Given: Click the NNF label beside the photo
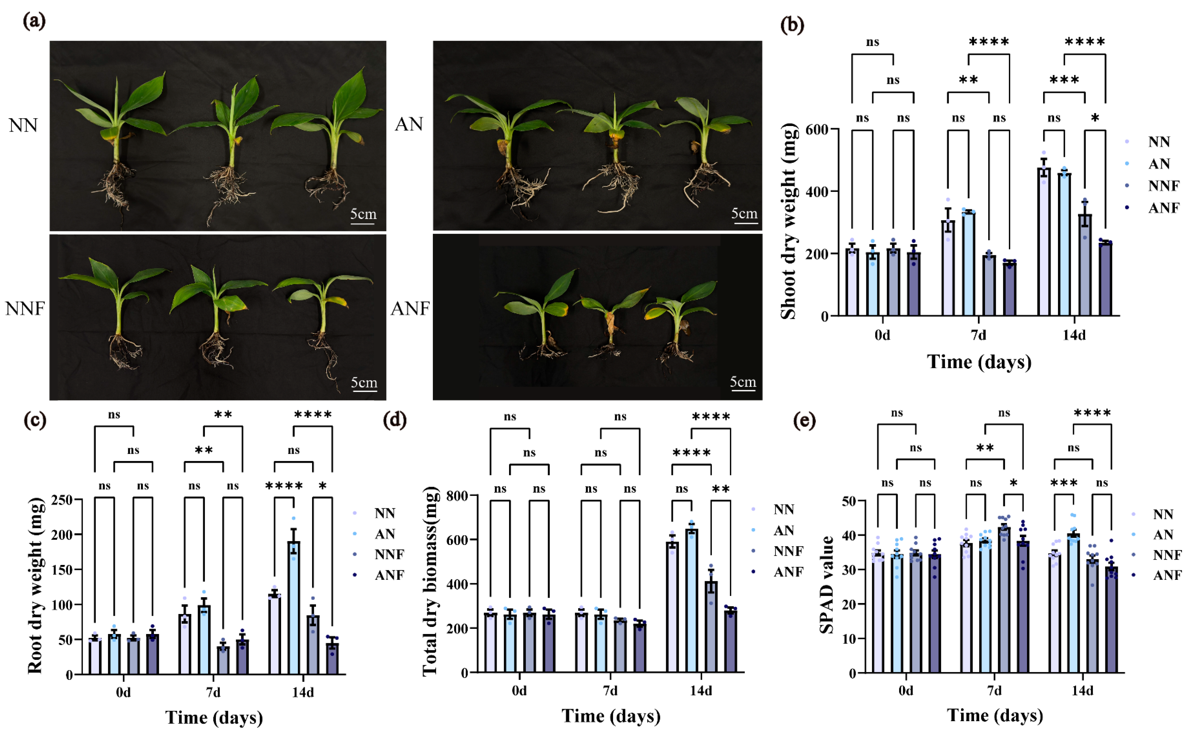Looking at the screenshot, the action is click(25, 309).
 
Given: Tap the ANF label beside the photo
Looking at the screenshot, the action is click(410, 309).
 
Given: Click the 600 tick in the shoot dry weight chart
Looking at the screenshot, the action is click(816, 130).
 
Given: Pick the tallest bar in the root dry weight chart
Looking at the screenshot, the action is click(293, 607).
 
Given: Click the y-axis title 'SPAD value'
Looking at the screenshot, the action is click(826, 585).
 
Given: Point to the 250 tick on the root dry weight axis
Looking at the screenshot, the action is click(62, 500).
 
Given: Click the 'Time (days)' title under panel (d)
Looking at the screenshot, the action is click(611, 716).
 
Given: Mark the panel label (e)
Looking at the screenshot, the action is click(804, 420).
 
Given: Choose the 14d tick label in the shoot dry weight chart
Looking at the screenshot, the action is click(1074, 335).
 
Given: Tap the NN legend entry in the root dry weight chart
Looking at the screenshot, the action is click(374, 513).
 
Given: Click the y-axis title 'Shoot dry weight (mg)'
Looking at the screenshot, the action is click(788, 221).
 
